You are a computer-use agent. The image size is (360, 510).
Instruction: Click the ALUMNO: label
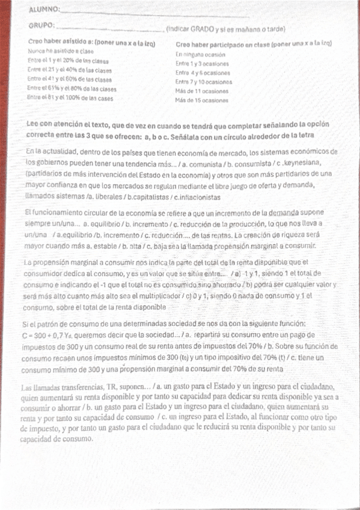(x=43, y=10)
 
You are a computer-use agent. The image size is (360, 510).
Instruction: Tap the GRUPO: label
(x=41, y=25)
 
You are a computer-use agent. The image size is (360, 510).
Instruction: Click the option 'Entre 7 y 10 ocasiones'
(x=204, y=81)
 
